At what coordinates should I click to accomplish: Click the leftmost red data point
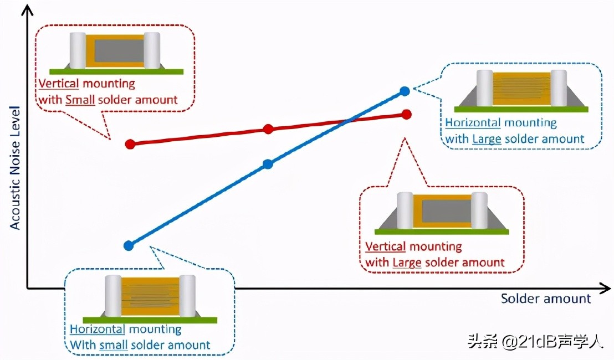pos(130,144)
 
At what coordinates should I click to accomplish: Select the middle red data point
pos(268,129)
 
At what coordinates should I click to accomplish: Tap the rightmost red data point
pos(406,114)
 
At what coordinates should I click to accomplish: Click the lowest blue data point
pos(129,245)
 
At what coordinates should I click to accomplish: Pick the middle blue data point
pos(268,163)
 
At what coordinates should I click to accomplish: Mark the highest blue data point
pos(405,90)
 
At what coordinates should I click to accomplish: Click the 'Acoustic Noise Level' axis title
pos(15,167)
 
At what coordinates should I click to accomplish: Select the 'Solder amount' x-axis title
pos(546,299)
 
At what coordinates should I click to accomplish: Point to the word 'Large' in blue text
pos(487,139)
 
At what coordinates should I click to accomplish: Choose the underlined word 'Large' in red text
pos(407,262)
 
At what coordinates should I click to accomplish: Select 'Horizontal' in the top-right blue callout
pos(473,123)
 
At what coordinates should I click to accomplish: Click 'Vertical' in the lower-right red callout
pos(386,246)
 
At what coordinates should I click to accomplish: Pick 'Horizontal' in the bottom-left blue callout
pos(97,329)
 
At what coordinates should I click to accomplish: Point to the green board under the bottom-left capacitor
pos(150,320)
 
